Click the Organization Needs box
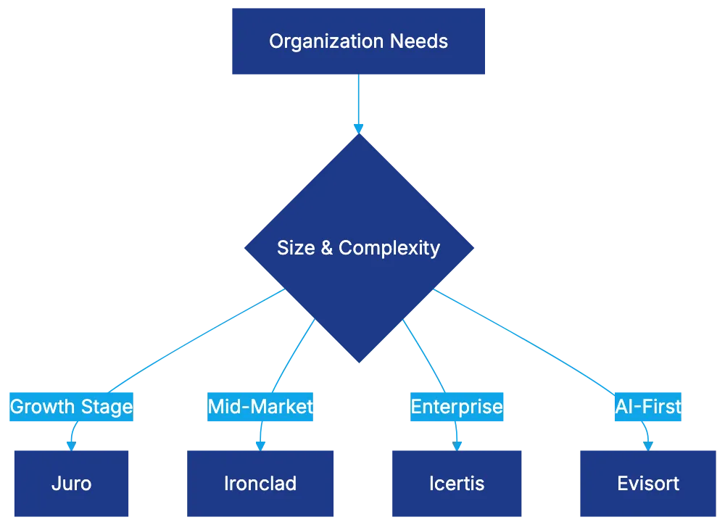[x=359, y=41]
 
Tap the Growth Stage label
[x=71, y=407]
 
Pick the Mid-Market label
[x=260, y=407]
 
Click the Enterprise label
[x=457, y=407]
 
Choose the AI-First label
[x=647, y=407]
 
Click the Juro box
[x=72, y=484]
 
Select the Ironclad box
[x=260, y=484]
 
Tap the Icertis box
[x=456, y=484]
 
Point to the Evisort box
[x=648, y=484]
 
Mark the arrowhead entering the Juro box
[x=71, y=444]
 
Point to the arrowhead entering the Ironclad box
[x=260, y=444]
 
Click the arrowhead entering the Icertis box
[x=456, y=444]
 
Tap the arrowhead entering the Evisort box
[x=647, y=444]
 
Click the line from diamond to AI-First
[x=522, y=336]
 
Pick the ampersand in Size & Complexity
[x=326, y=248]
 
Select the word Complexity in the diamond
[x=389, y=248]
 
